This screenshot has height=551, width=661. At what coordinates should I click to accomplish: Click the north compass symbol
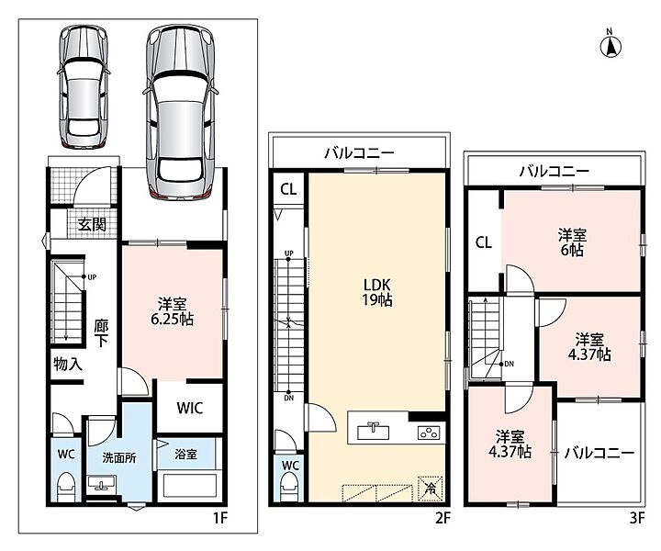[x=611, y=45]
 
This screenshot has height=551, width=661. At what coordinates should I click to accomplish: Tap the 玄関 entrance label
[x=92, y=224]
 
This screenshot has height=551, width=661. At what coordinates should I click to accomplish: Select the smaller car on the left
[x=83, y=87]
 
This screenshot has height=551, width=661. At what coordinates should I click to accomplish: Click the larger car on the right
[x=181, y=112]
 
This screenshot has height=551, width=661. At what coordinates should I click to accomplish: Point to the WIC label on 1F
[x=190, y=408]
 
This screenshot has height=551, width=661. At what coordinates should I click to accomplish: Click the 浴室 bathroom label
[x=185, y=455]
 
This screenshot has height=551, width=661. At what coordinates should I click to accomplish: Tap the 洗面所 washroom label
[x=119, y=458]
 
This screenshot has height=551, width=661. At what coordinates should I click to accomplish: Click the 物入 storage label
[x=68, y=364]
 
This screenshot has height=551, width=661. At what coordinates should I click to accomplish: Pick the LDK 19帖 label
[x=377, y=292]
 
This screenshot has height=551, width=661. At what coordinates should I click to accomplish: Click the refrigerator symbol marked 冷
[x=431, y=489]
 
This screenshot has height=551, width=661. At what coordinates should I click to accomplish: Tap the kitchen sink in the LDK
[x=373, y=432]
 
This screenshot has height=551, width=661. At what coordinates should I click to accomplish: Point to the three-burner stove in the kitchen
[x=429, y=433]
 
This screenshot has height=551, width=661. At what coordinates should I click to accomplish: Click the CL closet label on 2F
[x=288, y=189]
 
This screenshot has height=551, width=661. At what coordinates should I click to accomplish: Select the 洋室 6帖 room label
[x=572, y=242]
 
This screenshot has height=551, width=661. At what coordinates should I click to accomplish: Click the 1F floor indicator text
[x=220, y=517]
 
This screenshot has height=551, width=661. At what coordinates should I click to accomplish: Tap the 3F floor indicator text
[x=637, y=517]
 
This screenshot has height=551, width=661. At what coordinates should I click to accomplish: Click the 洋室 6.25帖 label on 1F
[x=173, y=311]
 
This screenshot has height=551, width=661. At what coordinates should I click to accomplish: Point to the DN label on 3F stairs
[x=510, y=364]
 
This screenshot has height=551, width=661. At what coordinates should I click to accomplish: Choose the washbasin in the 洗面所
[x=101, y=482]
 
